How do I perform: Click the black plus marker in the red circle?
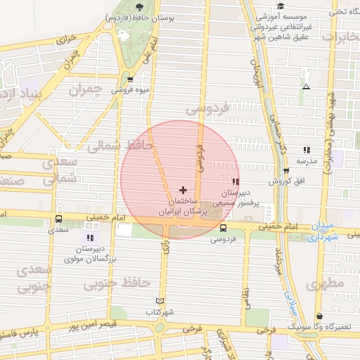point(184,190)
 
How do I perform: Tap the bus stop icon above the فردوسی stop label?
point(224,228)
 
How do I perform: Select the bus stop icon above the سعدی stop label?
point(58,219)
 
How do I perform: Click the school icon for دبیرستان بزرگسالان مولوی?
point(91,226)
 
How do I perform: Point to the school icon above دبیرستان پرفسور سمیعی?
point(235,181)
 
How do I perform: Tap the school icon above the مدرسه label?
point(307,150)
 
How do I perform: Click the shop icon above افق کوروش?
point(286,171)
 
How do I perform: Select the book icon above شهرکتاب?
point(160,301)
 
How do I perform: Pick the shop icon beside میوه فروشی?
point(131,79)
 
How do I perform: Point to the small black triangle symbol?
point(305,86)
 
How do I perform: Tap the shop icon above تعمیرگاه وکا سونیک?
point(321,316)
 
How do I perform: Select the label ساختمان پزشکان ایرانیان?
point(184,205)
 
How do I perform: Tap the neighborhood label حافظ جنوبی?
point(117,283)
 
